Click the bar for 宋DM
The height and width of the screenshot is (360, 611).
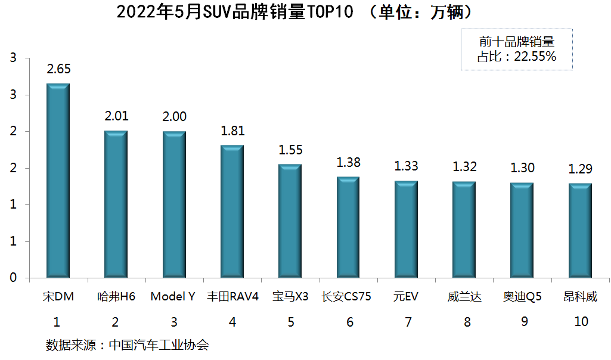pyautogui.click(x=58, y=181)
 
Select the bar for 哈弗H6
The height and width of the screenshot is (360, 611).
pyautogui.click(x=116, y=204)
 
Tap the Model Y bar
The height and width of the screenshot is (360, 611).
pyautogui.click(x=173, y=204)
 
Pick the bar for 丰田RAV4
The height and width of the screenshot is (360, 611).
pyautogui.click(x=232, y=212)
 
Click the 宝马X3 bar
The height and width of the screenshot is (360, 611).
pyautogui.click(x=290, y=221)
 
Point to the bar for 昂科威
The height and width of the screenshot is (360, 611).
pyautogui.click(x=581, y=231)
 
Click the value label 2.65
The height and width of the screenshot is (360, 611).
pyautogui.click(x=58, y=69)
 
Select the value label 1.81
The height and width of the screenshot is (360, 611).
pyautogui.click(x=232, y=131)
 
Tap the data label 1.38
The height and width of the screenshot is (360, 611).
pyautogui.click(x=349, y=162)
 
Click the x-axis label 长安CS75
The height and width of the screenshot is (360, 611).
pyautogui.click(x=346, y=296)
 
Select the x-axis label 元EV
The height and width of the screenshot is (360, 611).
pyautogui.click(x=406, y=296)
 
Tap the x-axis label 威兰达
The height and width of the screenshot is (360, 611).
pyautogui.click(x=464, y=296)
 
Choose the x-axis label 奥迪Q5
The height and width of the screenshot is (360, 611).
pyautogui.click(x=522, y=296)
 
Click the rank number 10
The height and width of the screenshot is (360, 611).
pyautogui.click(x=581, y=322)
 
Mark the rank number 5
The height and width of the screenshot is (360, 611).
pyautogui.click(x=290, y=322)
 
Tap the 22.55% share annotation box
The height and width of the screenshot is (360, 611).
pyautogui.click(x=516, y=49)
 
